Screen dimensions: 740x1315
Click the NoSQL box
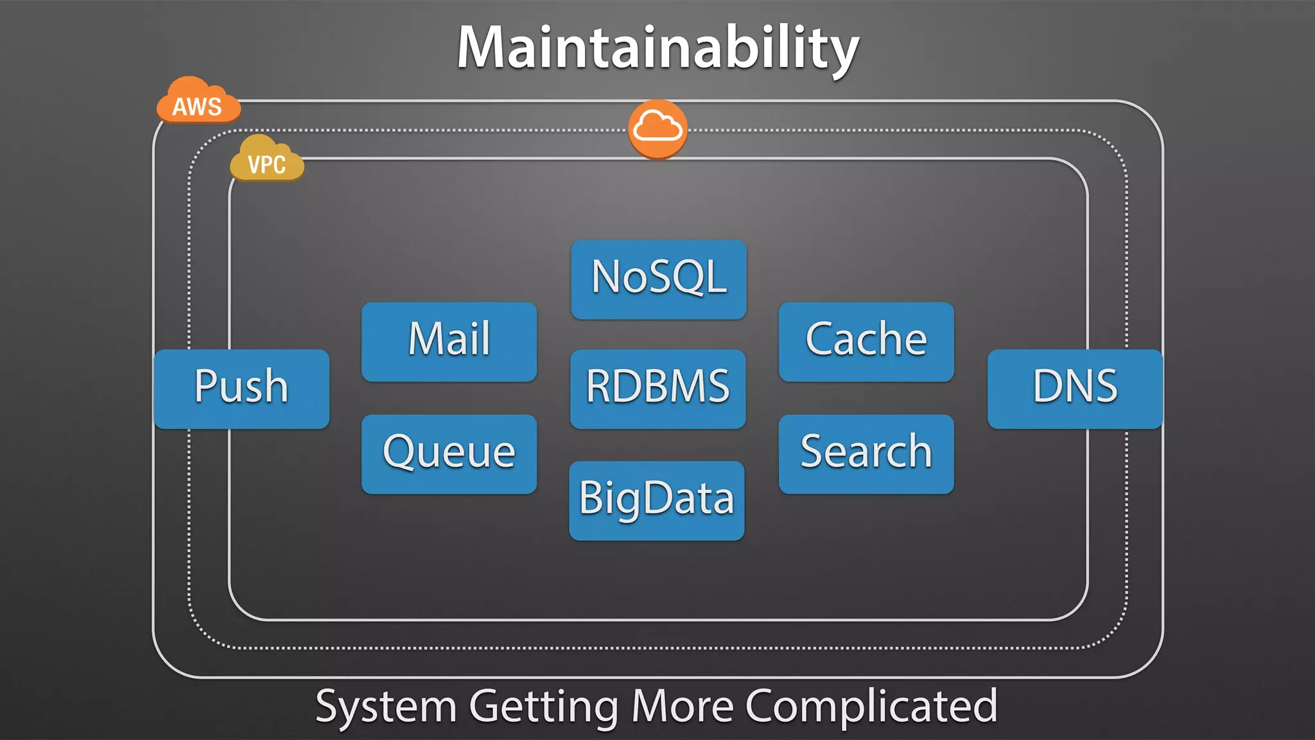(658, 279)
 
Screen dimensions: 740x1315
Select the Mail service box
(449, 341)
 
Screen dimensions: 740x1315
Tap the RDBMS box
(657, 388)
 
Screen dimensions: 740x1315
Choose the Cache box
(866, 341)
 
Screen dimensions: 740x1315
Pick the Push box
(241, 388)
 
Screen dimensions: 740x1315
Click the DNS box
(1075, 388)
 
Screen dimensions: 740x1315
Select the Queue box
(449, 454)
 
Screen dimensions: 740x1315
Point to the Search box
(866, 454)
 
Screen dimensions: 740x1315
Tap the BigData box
(656, 500)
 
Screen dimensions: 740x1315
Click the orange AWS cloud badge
(198, 103)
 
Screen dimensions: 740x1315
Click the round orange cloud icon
(657, 128)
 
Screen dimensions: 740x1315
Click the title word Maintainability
(657, 49)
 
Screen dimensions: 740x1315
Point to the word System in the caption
(385, 707)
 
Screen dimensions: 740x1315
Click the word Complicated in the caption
(871, 707)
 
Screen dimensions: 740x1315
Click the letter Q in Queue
(399, 451)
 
